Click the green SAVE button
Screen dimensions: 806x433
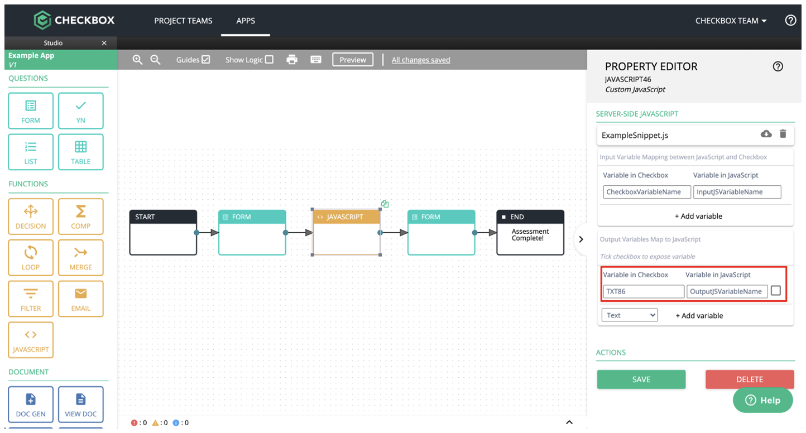pos(641,379)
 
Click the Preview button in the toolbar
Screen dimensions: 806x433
pos(352,60)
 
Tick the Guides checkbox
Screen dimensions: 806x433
pos(206,59)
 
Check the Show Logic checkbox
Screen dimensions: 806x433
pos(269,59)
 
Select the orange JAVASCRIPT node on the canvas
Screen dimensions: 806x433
pos(347,232)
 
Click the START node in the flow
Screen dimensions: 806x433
pos(163,232)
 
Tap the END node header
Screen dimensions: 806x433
pos(530,217)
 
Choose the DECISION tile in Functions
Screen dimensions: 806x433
pos(31,216)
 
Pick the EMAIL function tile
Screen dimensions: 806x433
pos(80,299)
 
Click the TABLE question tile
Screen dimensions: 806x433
pos(80,152)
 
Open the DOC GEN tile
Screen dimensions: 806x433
pos(31,404)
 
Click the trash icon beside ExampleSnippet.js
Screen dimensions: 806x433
pos(783,134)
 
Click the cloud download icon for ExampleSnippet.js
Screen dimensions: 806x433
pos(766,134)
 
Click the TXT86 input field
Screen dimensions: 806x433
pos(644,291)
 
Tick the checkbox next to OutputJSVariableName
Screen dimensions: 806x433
pos(776,291)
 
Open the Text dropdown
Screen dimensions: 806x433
pos(629,315)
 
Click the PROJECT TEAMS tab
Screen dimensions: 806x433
pos(183,21)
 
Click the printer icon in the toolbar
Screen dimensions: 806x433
pos(292,60)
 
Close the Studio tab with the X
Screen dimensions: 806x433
pos(104,43)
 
